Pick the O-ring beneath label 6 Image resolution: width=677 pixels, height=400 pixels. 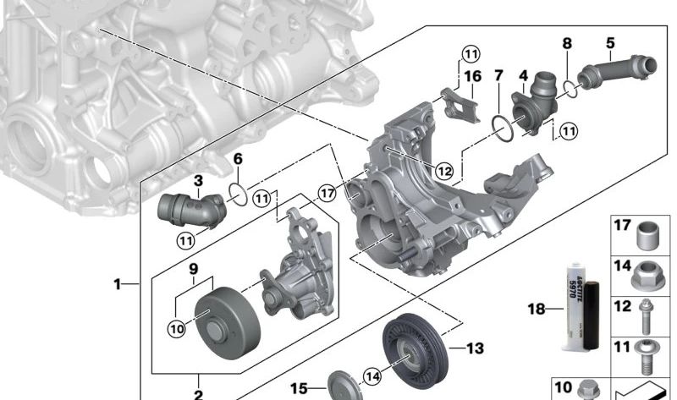[239, 195]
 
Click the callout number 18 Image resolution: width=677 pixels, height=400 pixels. [537, 310]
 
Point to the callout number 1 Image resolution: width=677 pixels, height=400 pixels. [118, 284]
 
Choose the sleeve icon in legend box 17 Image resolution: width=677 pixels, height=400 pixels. [648, 234]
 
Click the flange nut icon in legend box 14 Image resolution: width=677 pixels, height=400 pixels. [648, 271]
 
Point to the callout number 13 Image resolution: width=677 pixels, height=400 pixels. [475, 348]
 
